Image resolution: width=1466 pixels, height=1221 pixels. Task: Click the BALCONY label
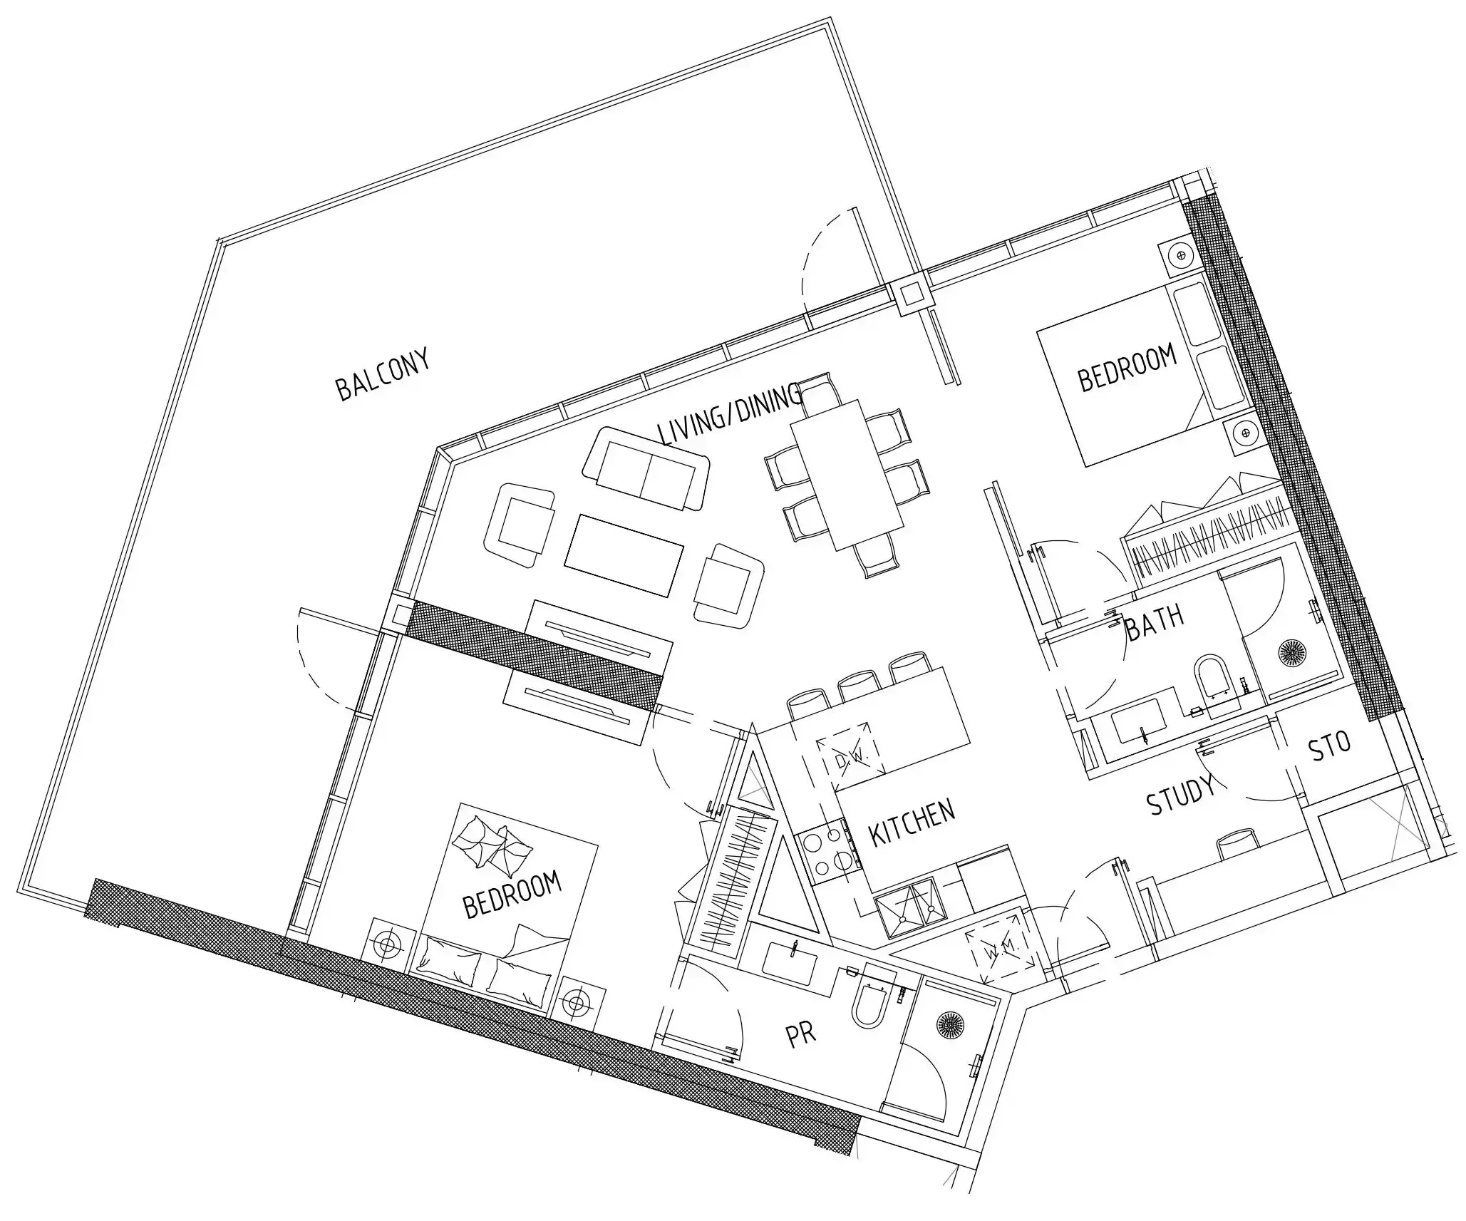pyautogui.click(x=383, y=375)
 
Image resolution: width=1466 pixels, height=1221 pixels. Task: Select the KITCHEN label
pyautogui.click(x=912, y=823)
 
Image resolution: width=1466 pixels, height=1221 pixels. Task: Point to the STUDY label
pyautogui.click(x=1180, y=794)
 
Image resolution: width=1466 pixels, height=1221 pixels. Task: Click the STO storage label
pyautogui.click(x=1330, y=748)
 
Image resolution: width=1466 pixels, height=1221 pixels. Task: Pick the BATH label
pyautogui.click(x=1155, y=622)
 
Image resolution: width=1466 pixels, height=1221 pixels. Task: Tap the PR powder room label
pyautogui.click(x=800, y=1035)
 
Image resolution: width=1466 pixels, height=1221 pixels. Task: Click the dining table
pyautogui.click(x=847, y=474)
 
